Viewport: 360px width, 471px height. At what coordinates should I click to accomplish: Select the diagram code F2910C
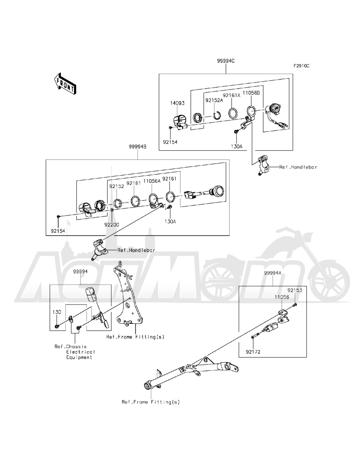301,66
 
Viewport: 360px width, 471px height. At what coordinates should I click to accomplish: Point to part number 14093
177,103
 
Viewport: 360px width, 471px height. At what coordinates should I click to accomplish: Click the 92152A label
214,100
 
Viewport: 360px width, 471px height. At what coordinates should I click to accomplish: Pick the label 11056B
251,92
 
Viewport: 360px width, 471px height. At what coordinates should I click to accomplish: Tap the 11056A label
152,182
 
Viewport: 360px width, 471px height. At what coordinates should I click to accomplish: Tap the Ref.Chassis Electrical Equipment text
75,352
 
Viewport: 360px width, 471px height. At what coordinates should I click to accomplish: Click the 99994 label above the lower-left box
80,271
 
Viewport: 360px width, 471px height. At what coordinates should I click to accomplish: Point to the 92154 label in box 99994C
170,142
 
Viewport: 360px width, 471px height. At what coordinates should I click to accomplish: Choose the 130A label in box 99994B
170,222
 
